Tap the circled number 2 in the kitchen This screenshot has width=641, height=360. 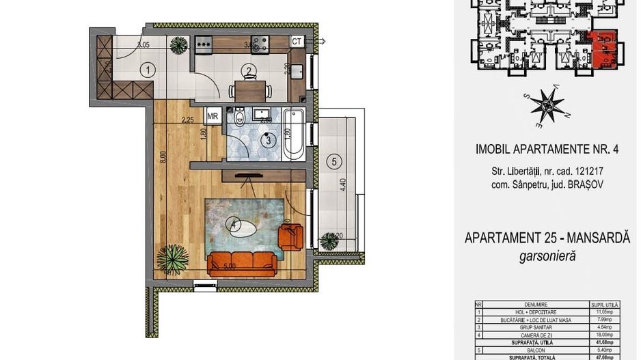click(x=248, y=69)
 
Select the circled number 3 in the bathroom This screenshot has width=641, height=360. click(x=269, y=141)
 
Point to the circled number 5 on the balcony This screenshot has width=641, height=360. click(x=333, y=162)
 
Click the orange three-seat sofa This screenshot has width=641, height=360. click(x=243, y=262)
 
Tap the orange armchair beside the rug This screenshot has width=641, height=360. click(x=290, y=236)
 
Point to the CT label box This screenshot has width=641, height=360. click(x=297, y=42)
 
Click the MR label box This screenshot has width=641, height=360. click(x=213, y=116)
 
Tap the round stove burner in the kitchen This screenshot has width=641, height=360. click(x=260, y=45)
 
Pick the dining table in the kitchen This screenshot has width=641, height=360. click(x=250, y=90)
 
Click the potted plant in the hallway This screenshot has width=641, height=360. click(x=179, y=45)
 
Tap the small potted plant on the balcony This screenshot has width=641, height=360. click(x=329, y=241)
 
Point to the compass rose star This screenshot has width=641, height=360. click(x=547, y=107)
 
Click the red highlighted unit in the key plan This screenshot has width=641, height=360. click(x=603, y=50)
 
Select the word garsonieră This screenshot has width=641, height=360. click(x=546, y=256)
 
